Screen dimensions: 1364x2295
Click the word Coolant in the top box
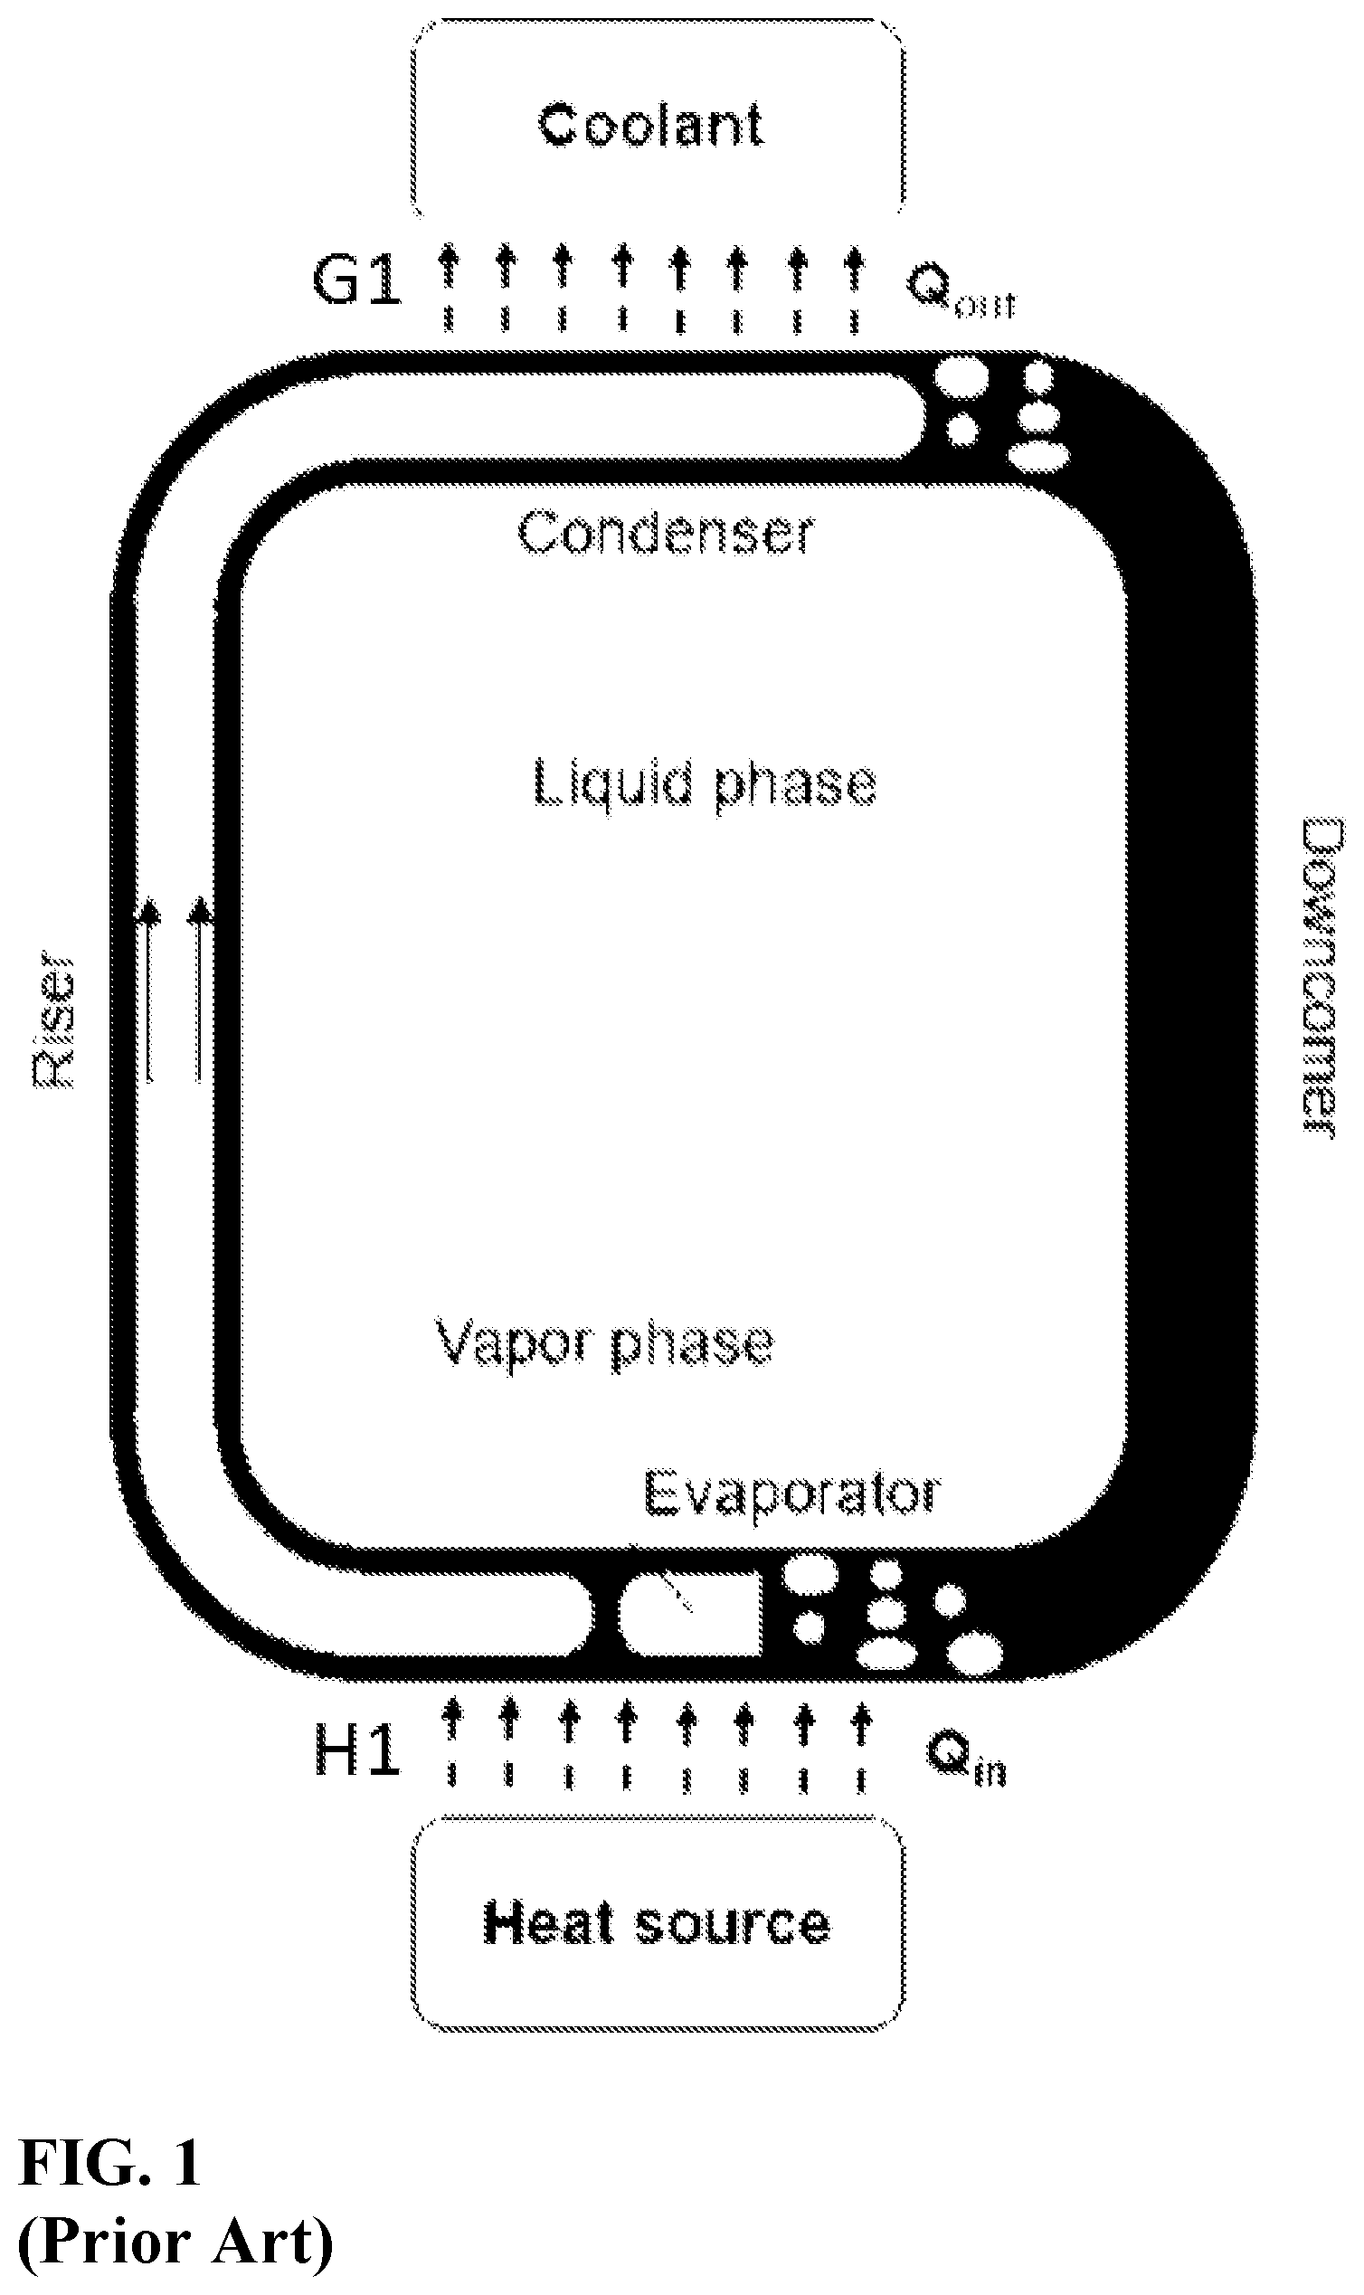tap(649, 125)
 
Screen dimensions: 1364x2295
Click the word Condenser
tap(667, 533)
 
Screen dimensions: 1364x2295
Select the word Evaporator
tap(792, 1494)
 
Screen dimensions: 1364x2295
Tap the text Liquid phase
tap(705, 786)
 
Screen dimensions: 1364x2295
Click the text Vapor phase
tap(604, 1345)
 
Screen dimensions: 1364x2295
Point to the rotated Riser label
tap(52, 1023)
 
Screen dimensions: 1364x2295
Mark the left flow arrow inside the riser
tap(149, 991)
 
